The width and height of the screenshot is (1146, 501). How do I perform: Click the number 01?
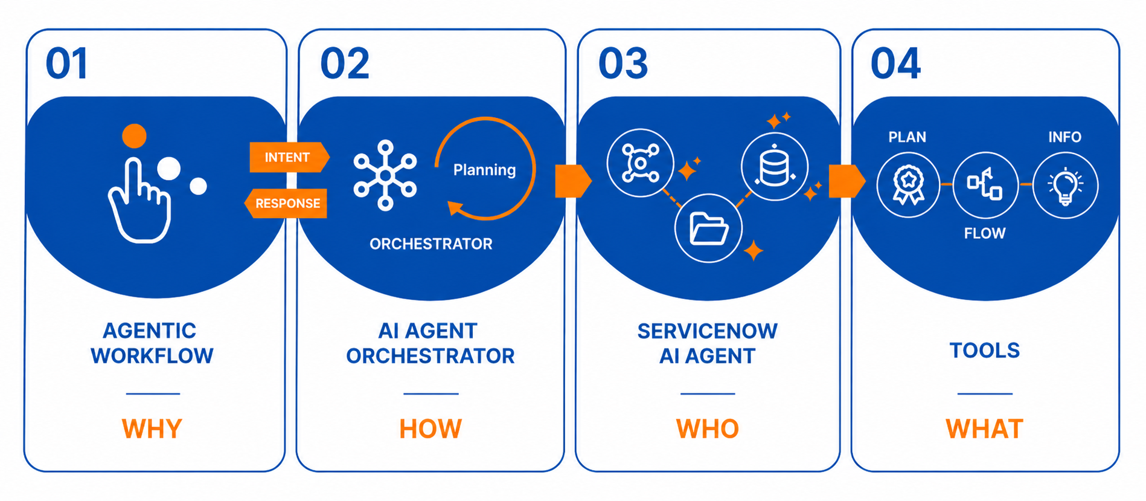pyautogui.click(x=67, y=63)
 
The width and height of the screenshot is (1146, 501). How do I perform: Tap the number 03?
pyautogui.click(x=623, y=63)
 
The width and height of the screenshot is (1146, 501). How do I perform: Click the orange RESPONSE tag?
pyautogui.click(x=286, y=203)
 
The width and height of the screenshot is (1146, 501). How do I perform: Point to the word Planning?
pyautogui.click(x=484, y=170)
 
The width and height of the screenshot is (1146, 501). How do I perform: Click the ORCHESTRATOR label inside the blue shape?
pyautogui.click(x=431, y=244)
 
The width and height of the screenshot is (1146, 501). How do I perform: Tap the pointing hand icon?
pyautogui.click(x=139, y=200)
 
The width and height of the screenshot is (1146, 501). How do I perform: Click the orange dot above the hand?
pyautogui.click(x=134, y=136)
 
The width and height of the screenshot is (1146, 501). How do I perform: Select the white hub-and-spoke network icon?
pyautogui.click(x=385, y=175)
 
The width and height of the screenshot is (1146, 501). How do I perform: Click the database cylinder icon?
pyautogui.click(x=775, y=167)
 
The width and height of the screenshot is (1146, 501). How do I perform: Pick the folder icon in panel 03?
pyautogui.click(x=708, y=228)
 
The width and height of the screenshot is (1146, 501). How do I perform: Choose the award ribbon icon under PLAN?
pyautogui.click(x=908, y=185)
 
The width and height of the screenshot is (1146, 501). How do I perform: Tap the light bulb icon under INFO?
pyautogui.click(x=1065, y=185)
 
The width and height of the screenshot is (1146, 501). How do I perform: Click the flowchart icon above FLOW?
pyautogui.click(x=985, y=185)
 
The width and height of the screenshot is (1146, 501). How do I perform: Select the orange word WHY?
pyautogui.click(x=152, y=428)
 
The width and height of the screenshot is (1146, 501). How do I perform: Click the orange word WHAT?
pyautogui.click(x=985, y=428)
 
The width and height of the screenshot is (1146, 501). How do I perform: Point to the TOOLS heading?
pyautogui.click(x=985, y=350)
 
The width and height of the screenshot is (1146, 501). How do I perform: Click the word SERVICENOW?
pyautogui.click(x=708, y=331)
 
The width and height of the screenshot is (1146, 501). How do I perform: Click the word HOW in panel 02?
pyautogui.click(x=431, y=428)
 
